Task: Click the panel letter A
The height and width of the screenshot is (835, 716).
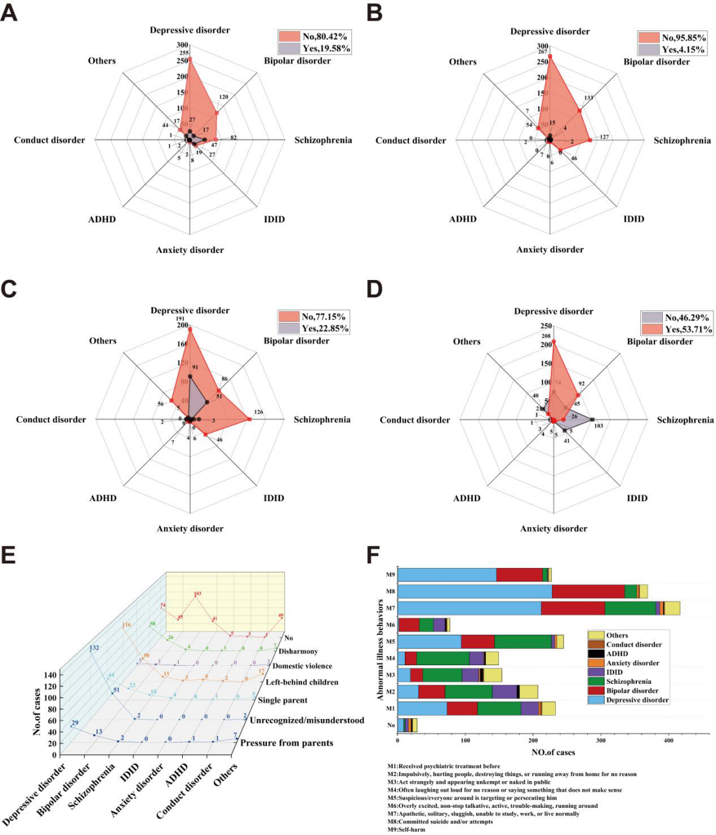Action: point(8,12)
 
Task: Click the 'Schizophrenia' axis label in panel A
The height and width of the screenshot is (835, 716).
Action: point(323,140)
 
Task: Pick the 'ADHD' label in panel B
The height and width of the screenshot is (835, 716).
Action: point(463,219)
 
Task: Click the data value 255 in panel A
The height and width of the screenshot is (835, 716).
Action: point(184,53)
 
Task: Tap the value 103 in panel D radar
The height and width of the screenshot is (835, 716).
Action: point(599,426)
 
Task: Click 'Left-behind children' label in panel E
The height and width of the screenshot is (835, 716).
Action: point(302,682)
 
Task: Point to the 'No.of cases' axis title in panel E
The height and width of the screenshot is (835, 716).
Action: point(38,712)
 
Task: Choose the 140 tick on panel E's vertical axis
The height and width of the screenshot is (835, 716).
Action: point(50,675)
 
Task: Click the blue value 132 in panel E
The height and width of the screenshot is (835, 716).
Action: point(95,648)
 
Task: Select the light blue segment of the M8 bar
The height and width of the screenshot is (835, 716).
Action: point(474,591)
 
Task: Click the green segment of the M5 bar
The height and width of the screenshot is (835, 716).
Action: point(522,642)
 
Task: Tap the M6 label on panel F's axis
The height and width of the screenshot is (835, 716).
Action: point(390,625)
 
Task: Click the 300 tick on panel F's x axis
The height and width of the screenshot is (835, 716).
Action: point(601,741)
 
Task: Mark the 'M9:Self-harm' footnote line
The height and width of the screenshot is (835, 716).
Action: point(406,830)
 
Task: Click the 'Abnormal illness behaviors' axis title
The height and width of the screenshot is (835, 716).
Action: point(380,649)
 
